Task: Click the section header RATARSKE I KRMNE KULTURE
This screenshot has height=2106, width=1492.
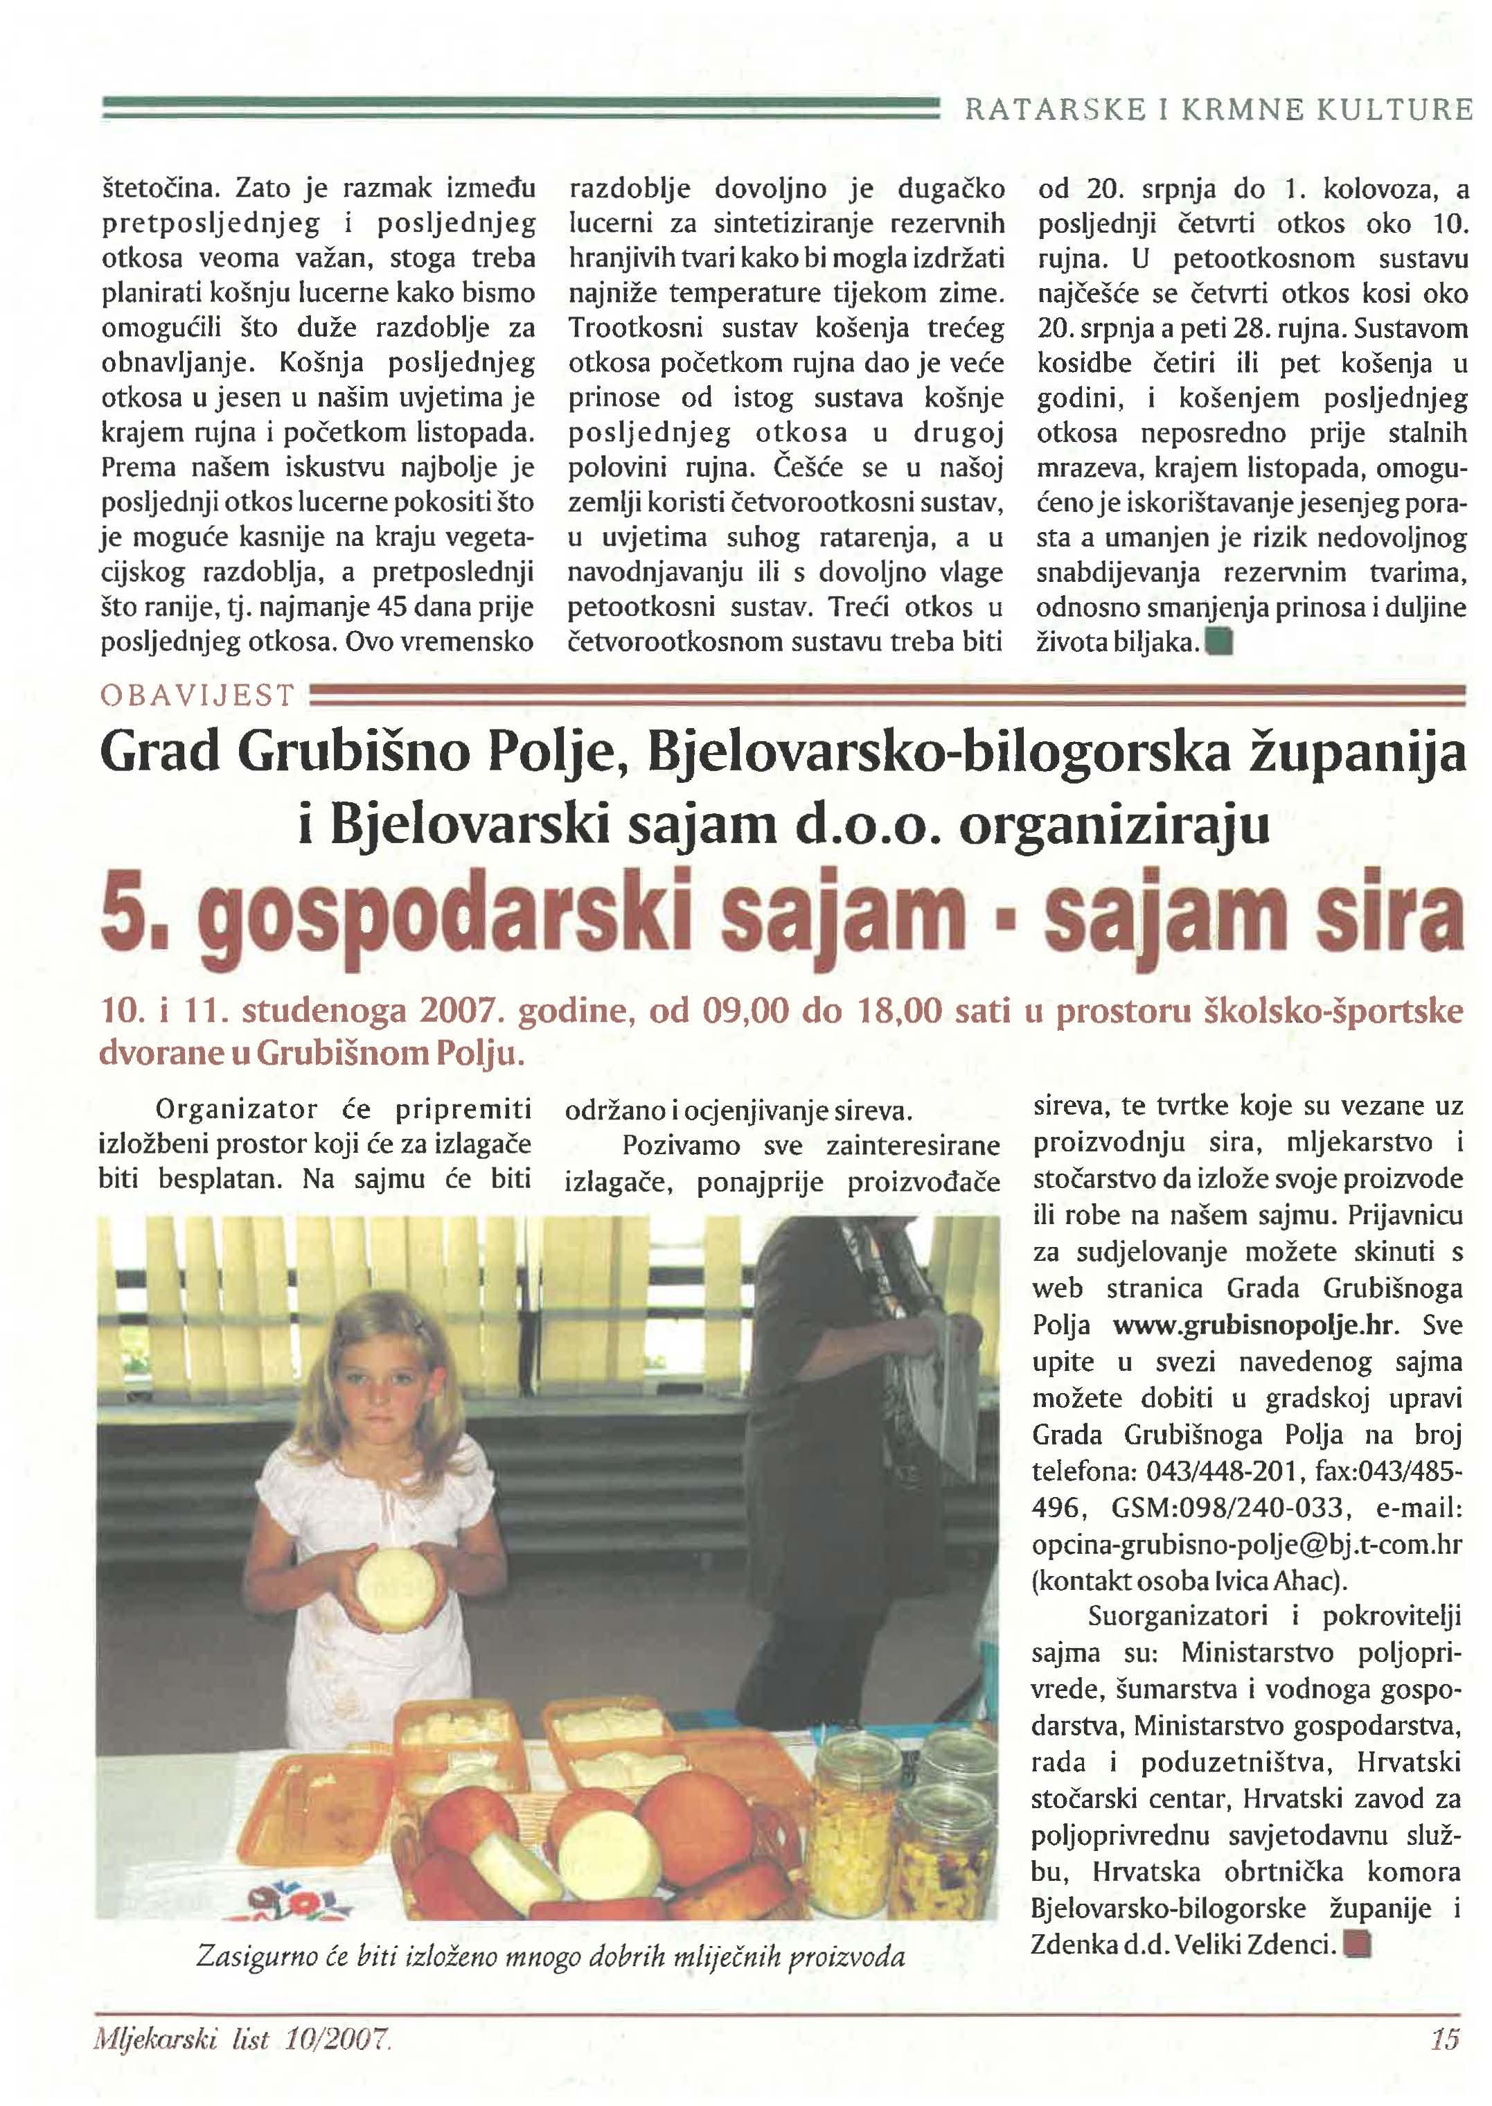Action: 1217,111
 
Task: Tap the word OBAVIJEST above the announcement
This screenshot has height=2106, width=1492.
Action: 197,696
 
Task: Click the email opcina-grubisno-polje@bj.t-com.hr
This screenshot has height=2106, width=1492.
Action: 1247,1545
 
